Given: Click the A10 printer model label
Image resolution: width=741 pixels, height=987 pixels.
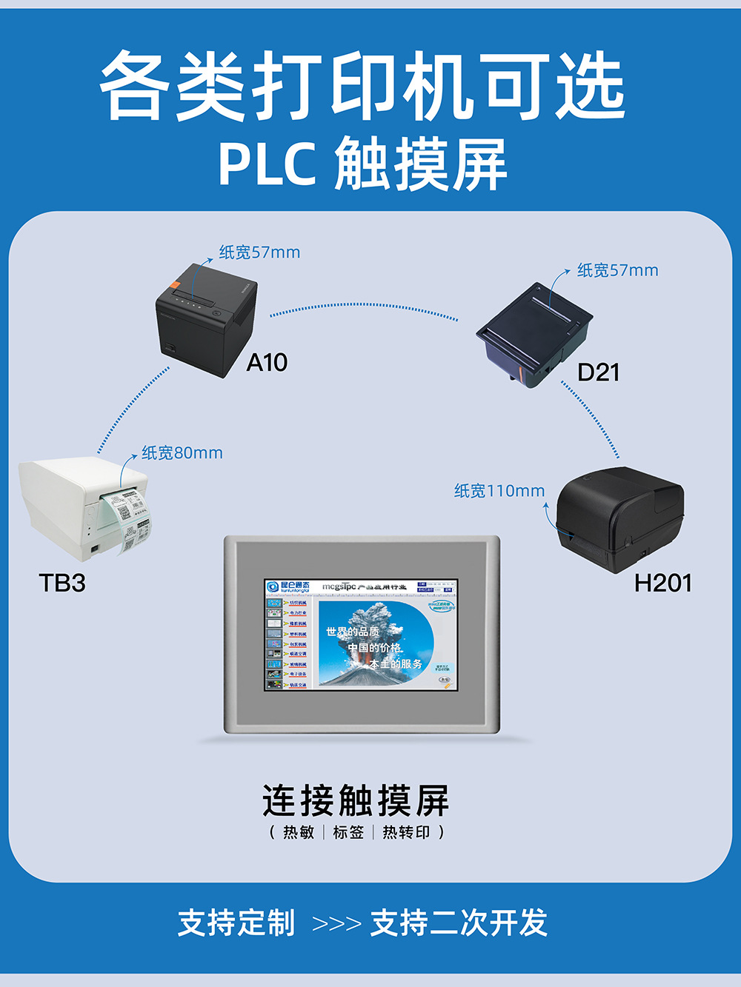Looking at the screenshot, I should (x=267, y=363).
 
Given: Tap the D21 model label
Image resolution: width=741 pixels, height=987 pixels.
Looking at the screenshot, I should (x=598, y=372).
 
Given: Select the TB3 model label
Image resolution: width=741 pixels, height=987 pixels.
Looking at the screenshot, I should (x=62, y=583).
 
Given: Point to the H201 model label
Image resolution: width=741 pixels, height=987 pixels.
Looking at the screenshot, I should (x=662, y=583).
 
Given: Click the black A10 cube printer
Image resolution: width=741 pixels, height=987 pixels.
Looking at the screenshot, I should (x=205, y=321).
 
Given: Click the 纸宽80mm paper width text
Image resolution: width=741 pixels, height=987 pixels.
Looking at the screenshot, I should (x=182, y=452).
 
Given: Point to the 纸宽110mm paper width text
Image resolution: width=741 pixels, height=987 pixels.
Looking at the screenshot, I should (x=499, y=490).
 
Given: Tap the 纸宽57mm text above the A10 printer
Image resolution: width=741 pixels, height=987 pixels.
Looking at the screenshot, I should (x=259, y=252).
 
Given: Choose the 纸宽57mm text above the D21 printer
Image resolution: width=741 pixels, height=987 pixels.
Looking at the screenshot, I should (x=617, y=270).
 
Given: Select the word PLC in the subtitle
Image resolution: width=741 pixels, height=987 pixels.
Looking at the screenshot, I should (x=267, y=164).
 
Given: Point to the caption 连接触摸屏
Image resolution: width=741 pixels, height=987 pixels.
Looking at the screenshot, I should (x=356, y=800).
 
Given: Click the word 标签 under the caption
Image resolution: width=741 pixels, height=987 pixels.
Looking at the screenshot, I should (x=348, y=832).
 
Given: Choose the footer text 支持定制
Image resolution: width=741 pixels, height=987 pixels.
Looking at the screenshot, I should (x=236, y=923).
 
